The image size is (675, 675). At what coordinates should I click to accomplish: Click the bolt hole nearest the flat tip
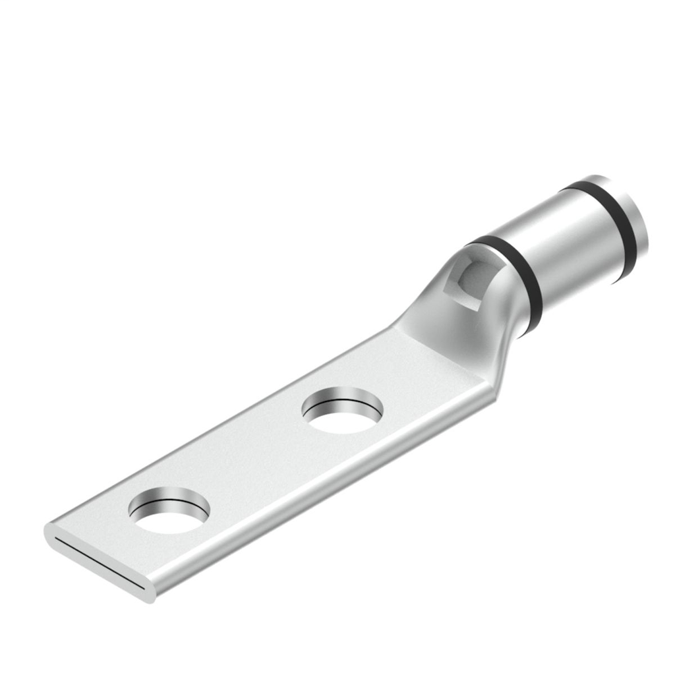coord(169,512)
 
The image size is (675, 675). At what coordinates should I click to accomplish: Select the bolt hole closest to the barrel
coord(342,412)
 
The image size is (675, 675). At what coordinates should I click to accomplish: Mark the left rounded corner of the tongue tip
coord(49,531)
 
